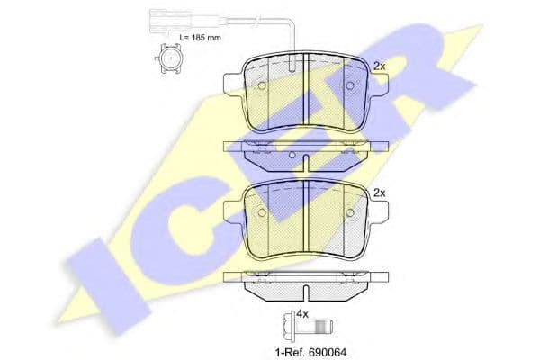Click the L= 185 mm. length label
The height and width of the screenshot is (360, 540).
tap(201, 38)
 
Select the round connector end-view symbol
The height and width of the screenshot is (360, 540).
tap(170, 58)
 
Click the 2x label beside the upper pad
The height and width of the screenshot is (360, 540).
tap(380, 67)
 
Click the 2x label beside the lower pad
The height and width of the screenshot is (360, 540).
tap(380, 193)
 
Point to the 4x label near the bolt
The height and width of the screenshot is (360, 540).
tap(302, 314)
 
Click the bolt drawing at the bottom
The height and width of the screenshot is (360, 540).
tap(308, 326)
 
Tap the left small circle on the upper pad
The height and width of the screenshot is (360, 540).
tap(262, 85)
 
